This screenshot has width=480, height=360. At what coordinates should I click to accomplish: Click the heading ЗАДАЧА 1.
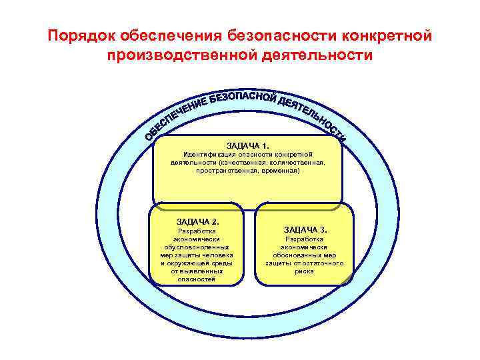coord(248,145)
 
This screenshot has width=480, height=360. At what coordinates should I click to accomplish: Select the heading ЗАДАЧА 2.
coord(197,221)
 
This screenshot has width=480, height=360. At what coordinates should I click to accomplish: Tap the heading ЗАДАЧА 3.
coord(305,229)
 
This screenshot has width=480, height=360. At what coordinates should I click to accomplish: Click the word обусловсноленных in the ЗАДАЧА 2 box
coord(197,247)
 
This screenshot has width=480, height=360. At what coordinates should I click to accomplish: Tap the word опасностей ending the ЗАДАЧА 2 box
coord(197,279)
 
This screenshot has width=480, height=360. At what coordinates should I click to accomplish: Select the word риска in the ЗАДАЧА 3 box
coord(304,271)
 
